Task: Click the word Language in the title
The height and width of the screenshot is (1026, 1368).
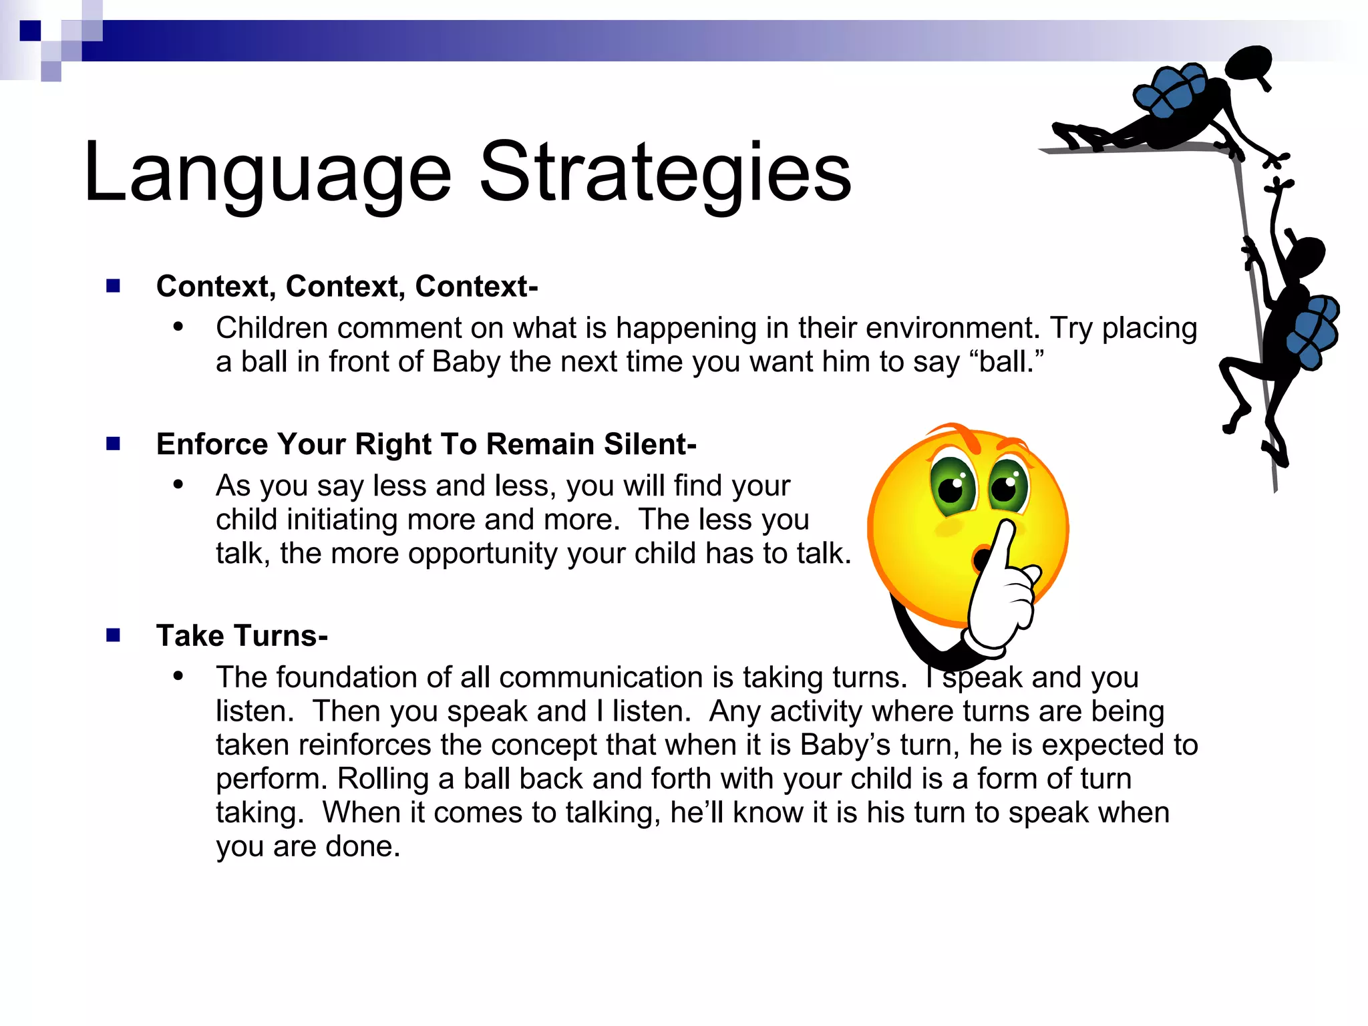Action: [x=267, y=172]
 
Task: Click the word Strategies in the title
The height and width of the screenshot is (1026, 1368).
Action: [x=665, y=172]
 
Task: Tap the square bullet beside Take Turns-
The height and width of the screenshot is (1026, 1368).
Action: [x=113, y=635]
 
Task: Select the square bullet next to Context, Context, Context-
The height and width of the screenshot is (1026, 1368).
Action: [x=113, y=286]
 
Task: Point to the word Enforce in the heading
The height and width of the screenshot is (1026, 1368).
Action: [x=212, y=444]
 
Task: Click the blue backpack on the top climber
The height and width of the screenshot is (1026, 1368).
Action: [x=1170, y=91]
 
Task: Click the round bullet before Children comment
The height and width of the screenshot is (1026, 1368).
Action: [x=178, y=327]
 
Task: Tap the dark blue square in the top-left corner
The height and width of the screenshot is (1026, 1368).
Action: [x=30, y=31]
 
